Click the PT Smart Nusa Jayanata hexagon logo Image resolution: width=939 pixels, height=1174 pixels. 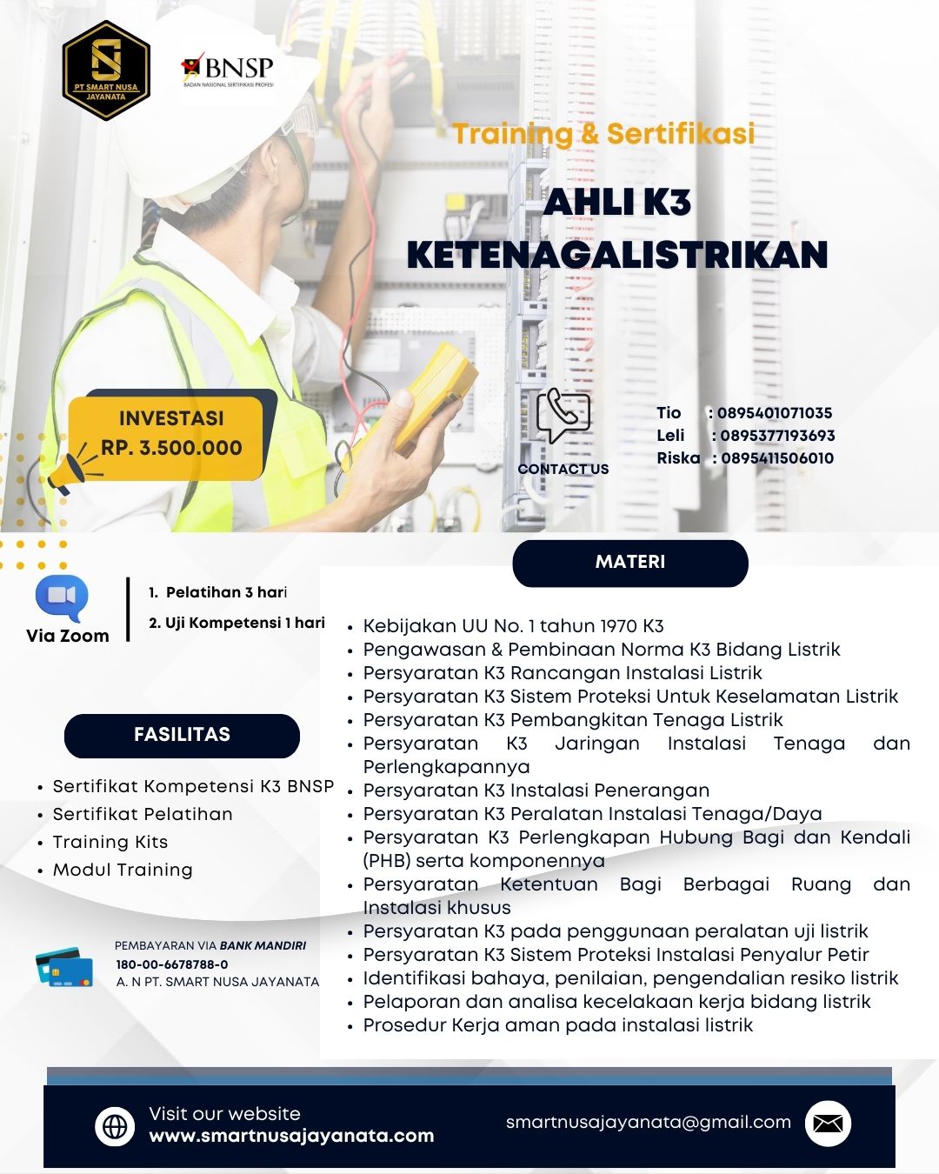coord(106,70)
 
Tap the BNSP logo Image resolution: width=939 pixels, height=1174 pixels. coord(228,70)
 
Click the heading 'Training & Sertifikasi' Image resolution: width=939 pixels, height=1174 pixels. coord(603,134)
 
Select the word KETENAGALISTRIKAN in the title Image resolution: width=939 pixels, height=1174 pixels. coord(617,255)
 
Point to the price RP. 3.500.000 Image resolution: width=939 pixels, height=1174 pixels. coord(171,448)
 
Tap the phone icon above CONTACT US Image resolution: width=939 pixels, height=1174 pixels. coord(563,416)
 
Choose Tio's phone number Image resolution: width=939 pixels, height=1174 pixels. coord(775,413)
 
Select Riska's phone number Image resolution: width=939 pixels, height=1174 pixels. coord(777,458)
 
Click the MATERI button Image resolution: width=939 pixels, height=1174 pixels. coord(630,563)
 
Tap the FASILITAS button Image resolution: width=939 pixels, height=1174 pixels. coord(182,735)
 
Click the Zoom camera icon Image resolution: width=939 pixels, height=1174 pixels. coord(62,597)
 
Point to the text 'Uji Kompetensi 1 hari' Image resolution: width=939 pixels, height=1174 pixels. coord(244,623)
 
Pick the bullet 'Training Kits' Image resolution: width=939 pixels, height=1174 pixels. coord(110,842)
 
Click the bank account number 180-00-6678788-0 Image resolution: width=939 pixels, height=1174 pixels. coord(172,964)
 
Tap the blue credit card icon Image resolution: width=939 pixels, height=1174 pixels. coord(64,967)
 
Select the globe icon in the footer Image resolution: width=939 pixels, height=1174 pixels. coord(115,1126)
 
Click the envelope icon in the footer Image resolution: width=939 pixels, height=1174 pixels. coord(828,1124)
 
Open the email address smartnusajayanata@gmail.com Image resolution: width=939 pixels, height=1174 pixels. coord(649,1123)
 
